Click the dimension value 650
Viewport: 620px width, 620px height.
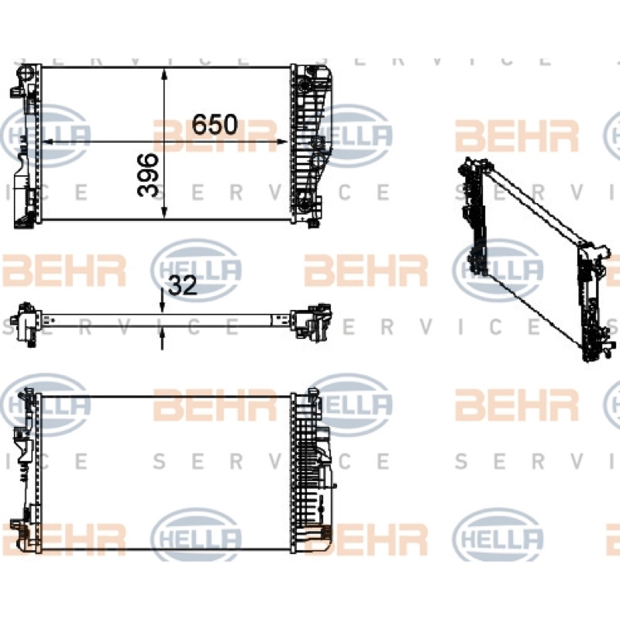click(215, 124)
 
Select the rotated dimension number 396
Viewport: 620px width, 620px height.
click(148, 175)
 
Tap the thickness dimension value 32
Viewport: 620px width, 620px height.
click(183, 285)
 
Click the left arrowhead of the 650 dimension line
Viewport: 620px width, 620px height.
click(48, 142)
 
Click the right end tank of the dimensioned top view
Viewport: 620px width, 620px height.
click(312, 144)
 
